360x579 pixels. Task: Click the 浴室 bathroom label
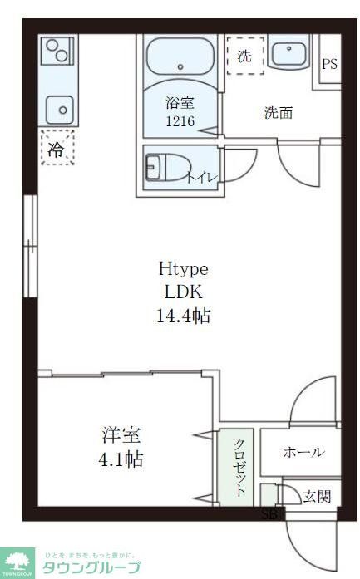pyautogui.click(x=179, y=103)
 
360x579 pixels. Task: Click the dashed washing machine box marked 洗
pyautogui.click(x=245, y=56)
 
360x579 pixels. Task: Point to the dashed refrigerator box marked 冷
pyautogui.click(x=56, y=150)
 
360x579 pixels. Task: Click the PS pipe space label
pyautogui.click(x=330, y=64)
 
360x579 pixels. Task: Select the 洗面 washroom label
pyautogui.click(x=279, y=113)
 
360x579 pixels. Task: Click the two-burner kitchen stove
pyautogui.click(x=57, y=52)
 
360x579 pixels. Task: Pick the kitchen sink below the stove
pyautogui.click(x=58, y=106)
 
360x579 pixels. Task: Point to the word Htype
pyautogui.click(x=183, y=269)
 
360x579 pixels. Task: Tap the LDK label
pyautogui.click(x=183, y=292)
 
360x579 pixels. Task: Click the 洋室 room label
pyautogui.click(x=121, y=434)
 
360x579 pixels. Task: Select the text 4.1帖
pyautogui.click(x=121, y=459)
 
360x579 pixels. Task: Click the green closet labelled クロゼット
pyautogui.click(x=238, y=467)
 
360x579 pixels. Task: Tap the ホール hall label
pyautogui.click(x=303, y=452)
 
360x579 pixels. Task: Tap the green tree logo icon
pyautogui.click(x=17, y=562)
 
